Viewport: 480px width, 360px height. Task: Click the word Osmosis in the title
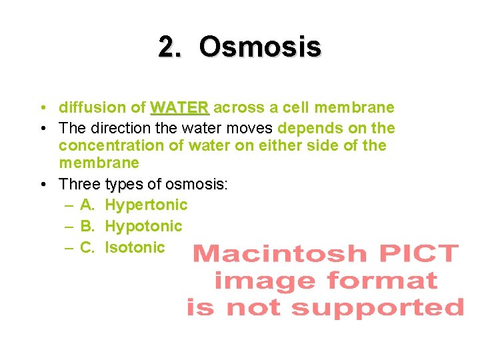(x=259, y=47)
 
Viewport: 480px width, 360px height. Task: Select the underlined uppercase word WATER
(x=180, y=107)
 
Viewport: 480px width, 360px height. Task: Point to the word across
(x=239, y=107)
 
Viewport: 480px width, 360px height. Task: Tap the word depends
(x=309, y=128)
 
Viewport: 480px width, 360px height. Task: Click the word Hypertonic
(x=146, y=205)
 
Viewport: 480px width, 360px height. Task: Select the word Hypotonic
(x=143, y=227)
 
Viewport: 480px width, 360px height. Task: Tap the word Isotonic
(x=135, y=247)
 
